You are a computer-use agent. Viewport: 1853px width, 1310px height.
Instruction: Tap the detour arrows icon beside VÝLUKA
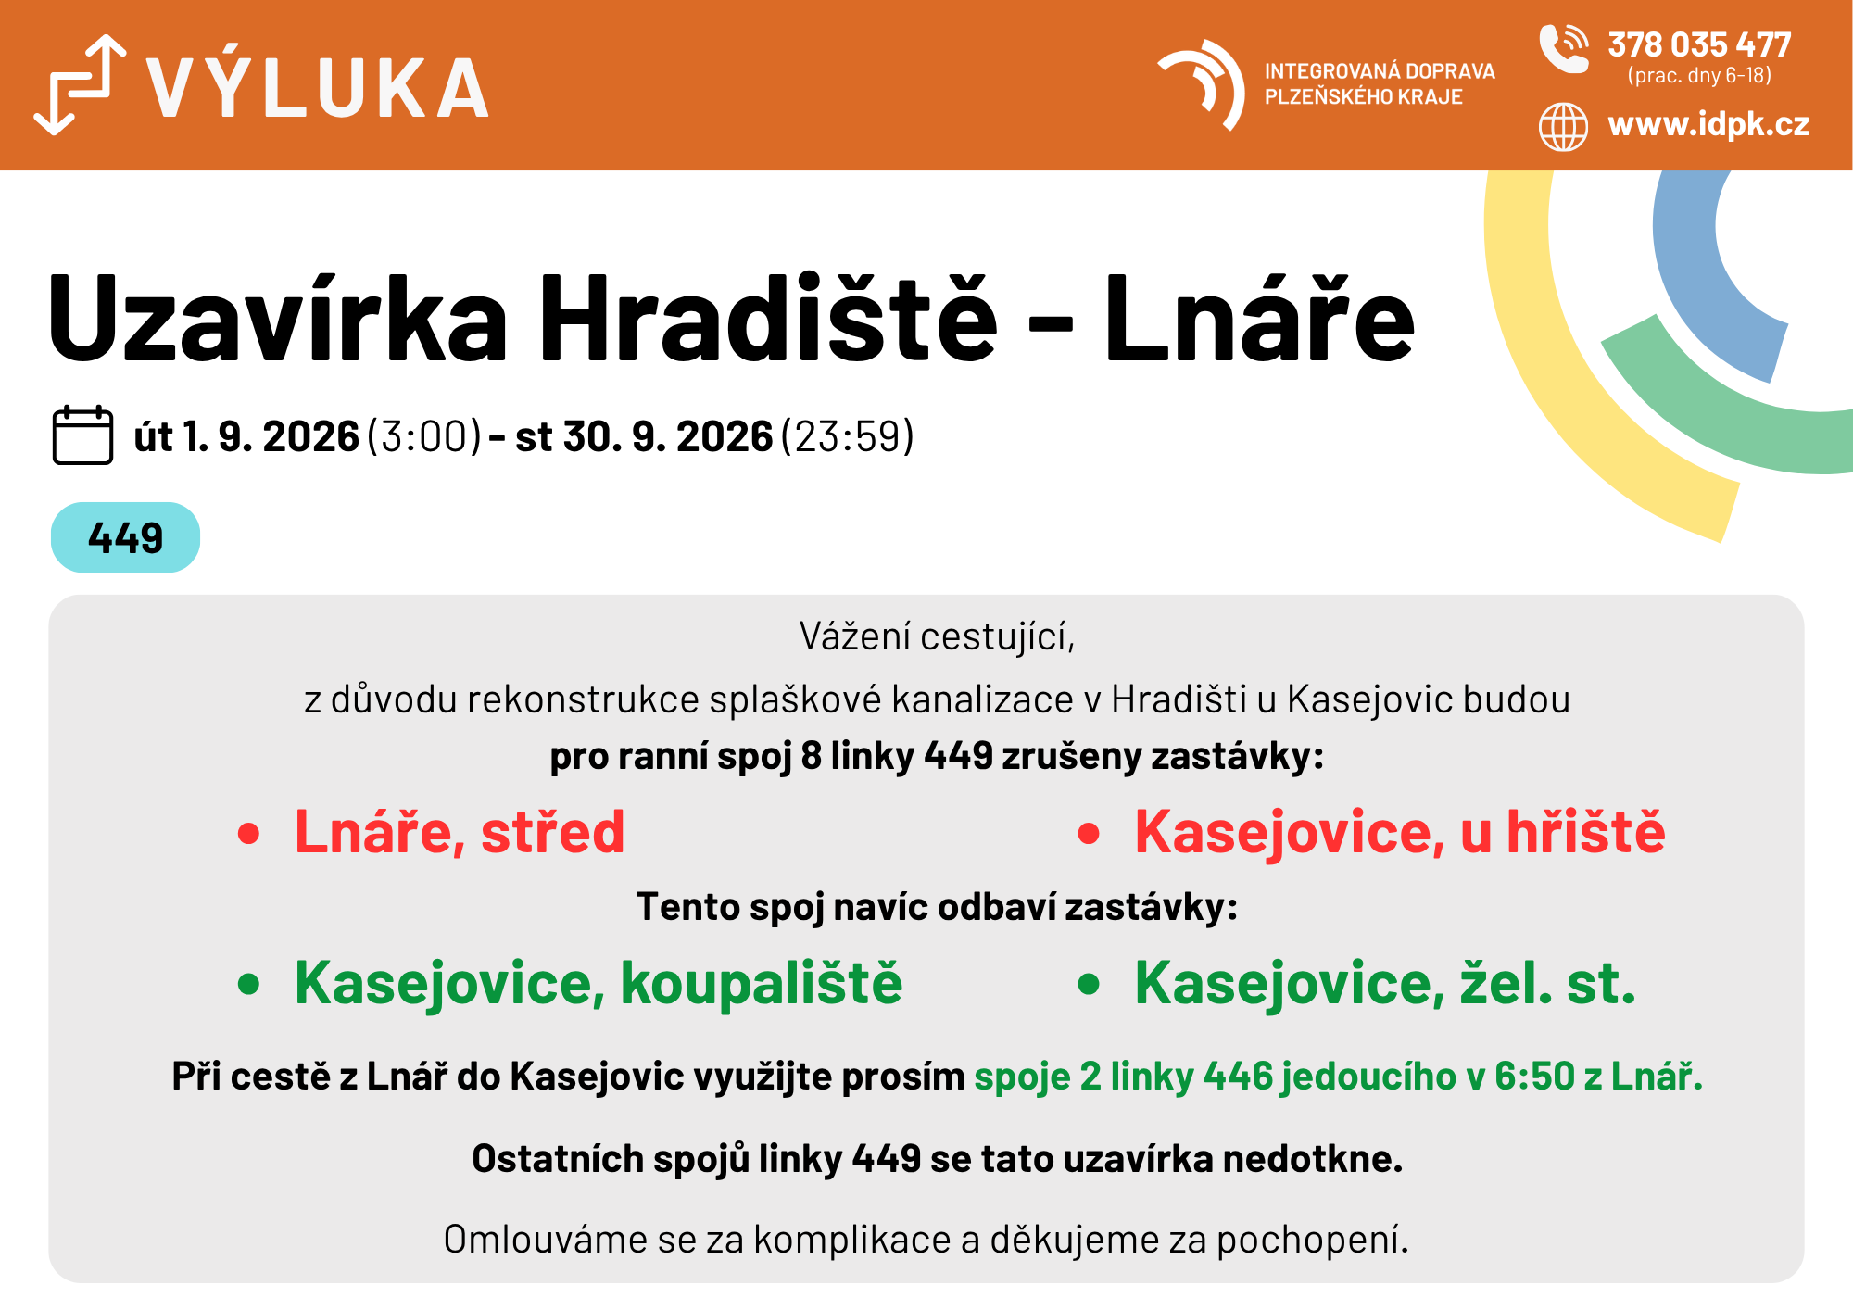click(x=80, y=84)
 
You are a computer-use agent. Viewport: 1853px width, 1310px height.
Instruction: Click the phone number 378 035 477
click(x=1699, y=44)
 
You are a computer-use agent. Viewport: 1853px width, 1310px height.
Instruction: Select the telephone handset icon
click(x=1563, y=48)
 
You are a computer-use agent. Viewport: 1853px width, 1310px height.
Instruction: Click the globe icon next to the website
click(x=1563, y=126)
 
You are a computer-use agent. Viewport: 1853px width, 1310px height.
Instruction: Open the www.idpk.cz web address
click(x=1708, y=124)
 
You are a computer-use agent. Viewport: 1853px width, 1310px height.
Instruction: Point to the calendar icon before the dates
click(x=82, y=435)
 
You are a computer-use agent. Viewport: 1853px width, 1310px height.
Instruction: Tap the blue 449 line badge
click(x=125, y=537)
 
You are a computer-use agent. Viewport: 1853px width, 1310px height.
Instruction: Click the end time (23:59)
click(x=848, y=436)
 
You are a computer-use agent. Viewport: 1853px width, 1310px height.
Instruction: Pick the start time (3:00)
click(x=425, y=436)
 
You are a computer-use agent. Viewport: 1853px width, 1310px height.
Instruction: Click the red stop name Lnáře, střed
click(x=460, y=831)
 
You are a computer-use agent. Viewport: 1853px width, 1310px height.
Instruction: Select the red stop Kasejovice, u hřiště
click(x=1400, y=831)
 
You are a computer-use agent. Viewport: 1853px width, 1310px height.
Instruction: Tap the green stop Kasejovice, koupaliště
click(x=599, y=982)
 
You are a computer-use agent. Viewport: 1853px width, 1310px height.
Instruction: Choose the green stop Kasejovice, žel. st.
click(x=1385, y=982)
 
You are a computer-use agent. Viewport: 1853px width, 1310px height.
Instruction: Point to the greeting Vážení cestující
click(x=937, y=636)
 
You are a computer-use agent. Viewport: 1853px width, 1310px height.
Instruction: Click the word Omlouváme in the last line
click(x=545, y=1240)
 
